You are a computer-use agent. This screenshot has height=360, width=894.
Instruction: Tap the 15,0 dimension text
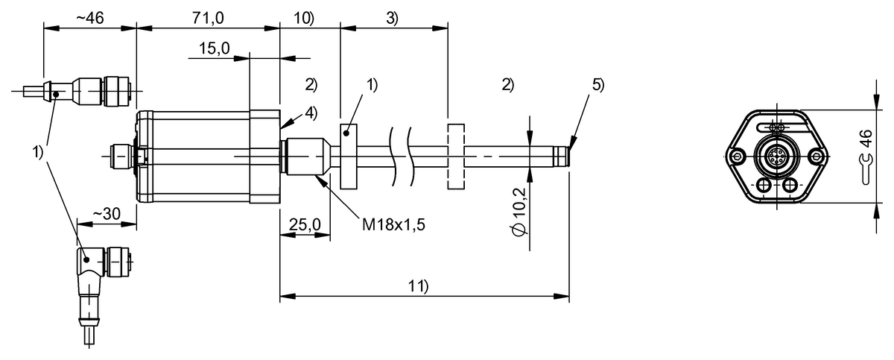[x=215, y=48]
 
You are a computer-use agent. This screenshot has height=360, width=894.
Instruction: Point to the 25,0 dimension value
[x=305, y=224]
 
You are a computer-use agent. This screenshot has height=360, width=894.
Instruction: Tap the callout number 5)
[x=597, y=84]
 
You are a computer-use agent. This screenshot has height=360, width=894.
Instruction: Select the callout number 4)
[x=311, y=113]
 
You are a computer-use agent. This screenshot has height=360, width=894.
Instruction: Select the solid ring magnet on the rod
[x=348, y=157]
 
